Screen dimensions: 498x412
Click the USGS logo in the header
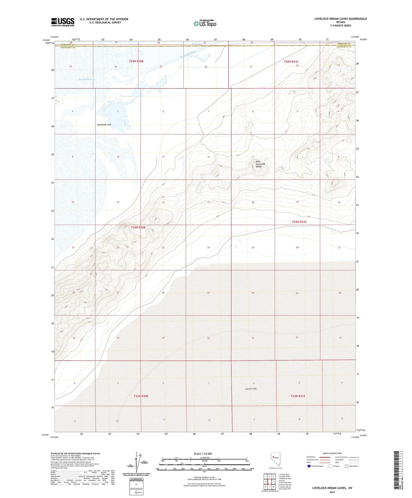pos(63,22)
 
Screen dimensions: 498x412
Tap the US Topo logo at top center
pos(205,24)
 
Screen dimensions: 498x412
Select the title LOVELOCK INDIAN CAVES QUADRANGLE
pos(341,19)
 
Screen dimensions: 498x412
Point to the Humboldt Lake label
pos(87,79)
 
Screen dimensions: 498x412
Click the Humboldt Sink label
pos(104,125)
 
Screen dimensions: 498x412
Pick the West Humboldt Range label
pos(258,164)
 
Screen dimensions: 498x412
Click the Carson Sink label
pos(251,389)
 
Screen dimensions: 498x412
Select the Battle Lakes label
pos(197,44)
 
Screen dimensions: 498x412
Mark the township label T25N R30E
pos(136,61)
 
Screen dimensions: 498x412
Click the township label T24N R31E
pos(299,222)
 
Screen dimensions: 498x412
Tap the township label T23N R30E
pos(141,396)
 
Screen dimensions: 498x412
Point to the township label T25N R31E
pos(291,62)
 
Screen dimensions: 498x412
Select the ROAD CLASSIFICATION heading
pos(332,453)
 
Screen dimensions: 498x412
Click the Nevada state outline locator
pos(274,459)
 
